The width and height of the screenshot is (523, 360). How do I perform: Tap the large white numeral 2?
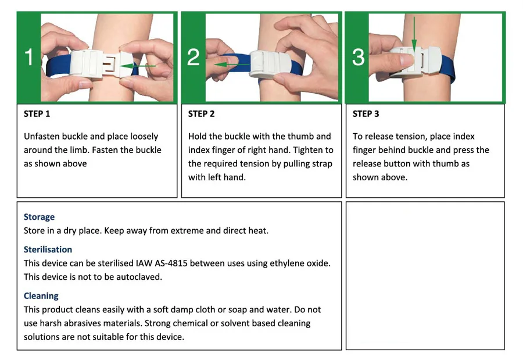[194, 57]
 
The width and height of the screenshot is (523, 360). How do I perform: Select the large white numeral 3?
[358, 57]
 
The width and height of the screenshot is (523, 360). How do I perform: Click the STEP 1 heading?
[37, 114]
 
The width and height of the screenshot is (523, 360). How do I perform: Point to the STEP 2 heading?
[201, 114]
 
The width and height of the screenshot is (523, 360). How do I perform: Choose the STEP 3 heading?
[366, 114]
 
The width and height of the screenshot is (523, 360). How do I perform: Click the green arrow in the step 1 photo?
[137, 66]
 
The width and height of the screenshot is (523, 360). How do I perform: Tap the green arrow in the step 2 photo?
[231, 65]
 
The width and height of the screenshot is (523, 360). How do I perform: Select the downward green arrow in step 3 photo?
[414, 35]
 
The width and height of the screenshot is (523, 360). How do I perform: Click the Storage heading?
[39, 217]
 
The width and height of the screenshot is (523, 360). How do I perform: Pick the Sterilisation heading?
[48, 249]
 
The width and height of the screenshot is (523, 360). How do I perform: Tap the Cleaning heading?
[41, 296]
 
